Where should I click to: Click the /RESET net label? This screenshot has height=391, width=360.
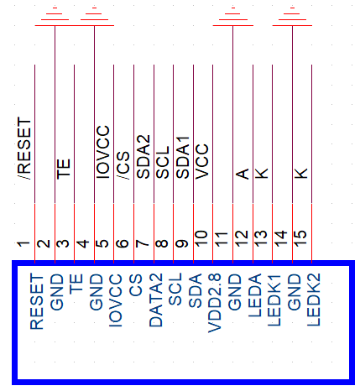pos(24,149)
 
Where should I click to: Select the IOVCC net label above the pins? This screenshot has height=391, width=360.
pos(103,152)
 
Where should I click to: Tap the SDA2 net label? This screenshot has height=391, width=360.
pos(143,157)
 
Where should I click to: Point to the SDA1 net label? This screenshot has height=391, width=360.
pos(183,158)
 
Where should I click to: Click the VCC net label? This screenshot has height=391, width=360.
pos(202,161)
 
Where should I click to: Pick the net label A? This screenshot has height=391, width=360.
pos(243,174)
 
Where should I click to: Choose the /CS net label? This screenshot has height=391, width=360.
pos(123,165)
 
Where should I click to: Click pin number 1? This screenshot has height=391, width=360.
pos(23,244)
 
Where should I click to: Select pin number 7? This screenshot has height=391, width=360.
pos(143,243)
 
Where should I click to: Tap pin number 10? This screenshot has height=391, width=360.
pos(201,238)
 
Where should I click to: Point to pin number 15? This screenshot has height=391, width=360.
pos(300,238)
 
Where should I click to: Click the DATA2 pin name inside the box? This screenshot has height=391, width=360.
pos(156,300)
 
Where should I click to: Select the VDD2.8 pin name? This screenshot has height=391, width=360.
pos(215,303)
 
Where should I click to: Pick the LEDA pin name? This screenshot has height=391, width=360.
pos(255,295)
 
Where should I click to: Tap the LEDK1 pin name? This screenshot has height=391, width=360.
pos(274,300)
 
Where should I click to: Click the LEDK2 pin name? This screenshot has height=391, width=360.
pos(314,300)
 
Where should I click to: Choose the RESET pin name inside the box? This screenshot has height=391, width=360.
pos(37,301)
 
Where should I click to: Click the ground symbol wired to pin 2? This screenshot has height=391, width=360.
pos(55,16)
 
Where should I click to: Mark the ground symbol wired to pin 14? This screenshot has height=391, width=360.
pos(292,16)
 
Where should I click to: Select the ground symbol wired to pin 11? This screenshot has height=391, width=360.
pos(233,16)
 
